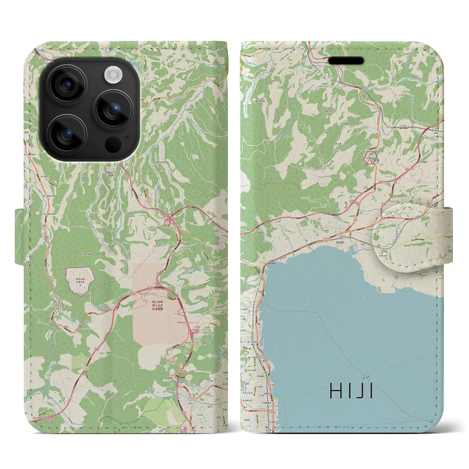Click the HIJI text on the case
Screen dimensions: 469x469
click(x=351, y=391)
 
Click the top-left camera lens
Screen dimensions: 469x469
click(x=68, y=85)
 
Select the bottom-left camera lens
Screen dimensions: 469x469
click(x=68, y=134)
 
